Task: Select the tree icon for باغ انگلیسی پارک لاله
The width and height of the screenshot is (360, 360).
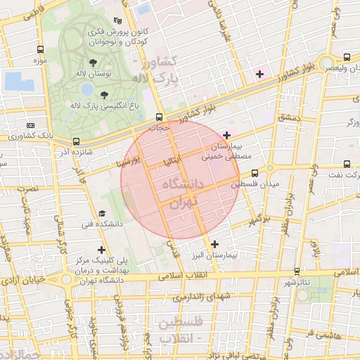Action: pos(104,94)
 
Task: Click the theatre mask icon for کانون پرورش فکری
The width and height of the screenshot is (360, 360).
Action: pos(127,21)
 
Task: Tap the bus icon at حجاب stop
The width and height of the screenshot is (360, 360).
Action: pos(159,117)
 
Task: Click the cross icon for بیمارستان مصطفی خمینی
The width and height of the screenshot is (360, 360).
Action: pos(226,135)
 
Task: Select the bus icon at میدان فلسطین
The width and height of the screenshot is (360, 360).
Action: pos(255,172)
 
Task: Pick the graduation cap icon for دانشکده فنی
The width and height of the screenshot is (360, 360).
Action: pos(102,213)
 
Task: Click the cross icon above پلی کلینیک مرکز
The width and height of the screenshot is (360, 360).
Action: pos(102,249)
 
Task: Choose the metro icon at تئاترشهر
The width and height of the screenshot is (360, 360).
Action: pos(296,270)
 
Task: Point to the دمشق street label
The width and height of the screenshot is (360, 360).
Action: pos(289,118)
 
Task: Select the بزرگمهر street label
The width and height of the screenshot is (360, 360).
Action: pos(259,220)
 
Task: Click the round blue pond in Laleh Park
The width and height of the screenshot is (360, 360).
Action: pos(86,89)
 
